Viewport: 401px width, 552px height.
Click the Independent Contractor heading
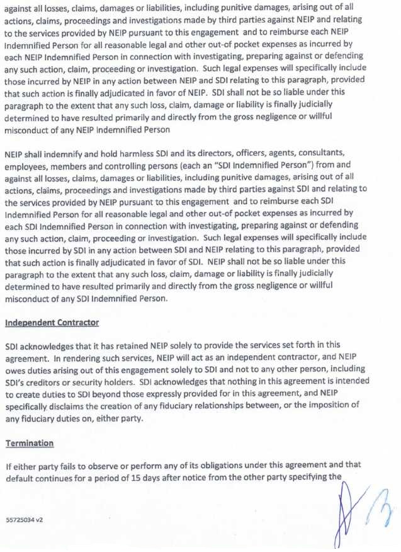(52, 323)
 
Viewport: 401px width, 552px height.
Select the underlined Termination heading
(30, 443)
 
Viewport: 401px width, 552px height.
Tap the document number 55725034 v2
(25, 521)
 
